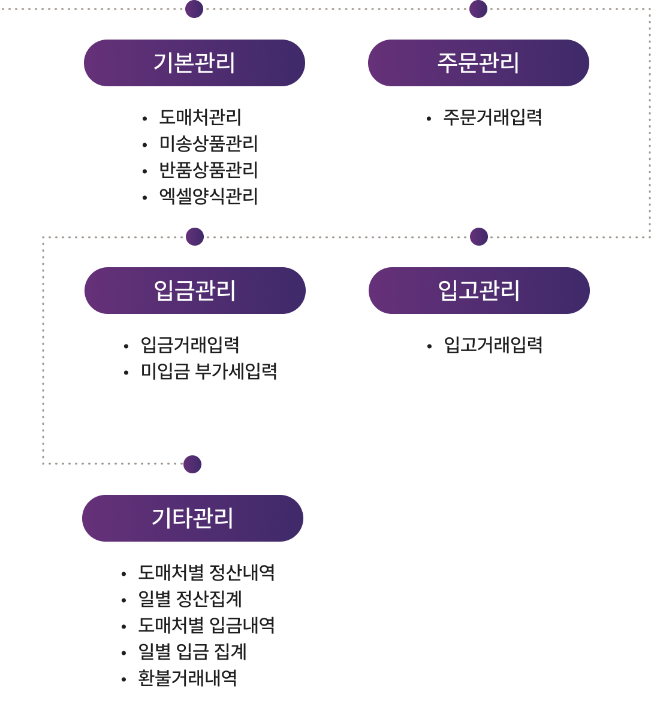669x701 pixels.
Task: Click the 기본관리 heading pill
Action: coord(194,63)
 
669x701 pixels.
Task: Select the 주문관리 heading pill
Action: coord(478,63)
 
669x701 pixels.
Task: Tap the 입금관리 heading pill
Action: coord(195,291)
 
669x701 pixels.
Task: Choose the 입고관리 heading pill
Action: coord(479,291)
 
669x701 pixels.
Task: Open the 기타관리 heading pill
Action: coord(192,518)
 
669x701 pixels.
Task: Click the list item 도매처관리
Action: coord(200,117)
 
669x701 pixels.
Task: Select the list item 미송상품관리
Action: coord(208,144)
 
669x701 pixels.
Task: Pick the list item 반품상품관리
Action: coord(208,170)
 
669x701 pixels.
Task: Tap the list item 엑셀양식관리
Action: coord(208,197)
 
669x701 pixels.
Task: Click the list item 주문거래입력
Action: coord(492,117)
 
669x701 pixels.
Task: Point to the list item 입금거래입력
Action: coord(190,345)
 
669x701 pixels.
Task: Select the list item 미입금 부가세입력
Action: coord(209,371)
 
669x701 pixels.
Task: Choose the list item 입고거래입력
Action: coord(493,345)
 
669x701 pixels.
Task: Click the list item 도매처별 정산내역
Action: coord(206,573)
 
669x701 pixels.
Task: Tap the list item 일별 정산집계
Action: coord(190,599)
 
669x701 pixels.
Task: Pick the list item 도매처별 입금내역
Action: coord(206,626)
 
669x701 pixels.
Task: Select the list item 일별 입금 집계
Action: coord(192,652)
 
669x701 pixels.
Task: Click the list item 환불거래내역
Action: coord(188,678)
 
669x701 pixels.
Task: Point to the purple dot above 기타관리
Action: coord(192,464)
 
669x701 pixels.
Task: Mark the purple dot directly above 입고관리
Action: coord(479,237)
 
